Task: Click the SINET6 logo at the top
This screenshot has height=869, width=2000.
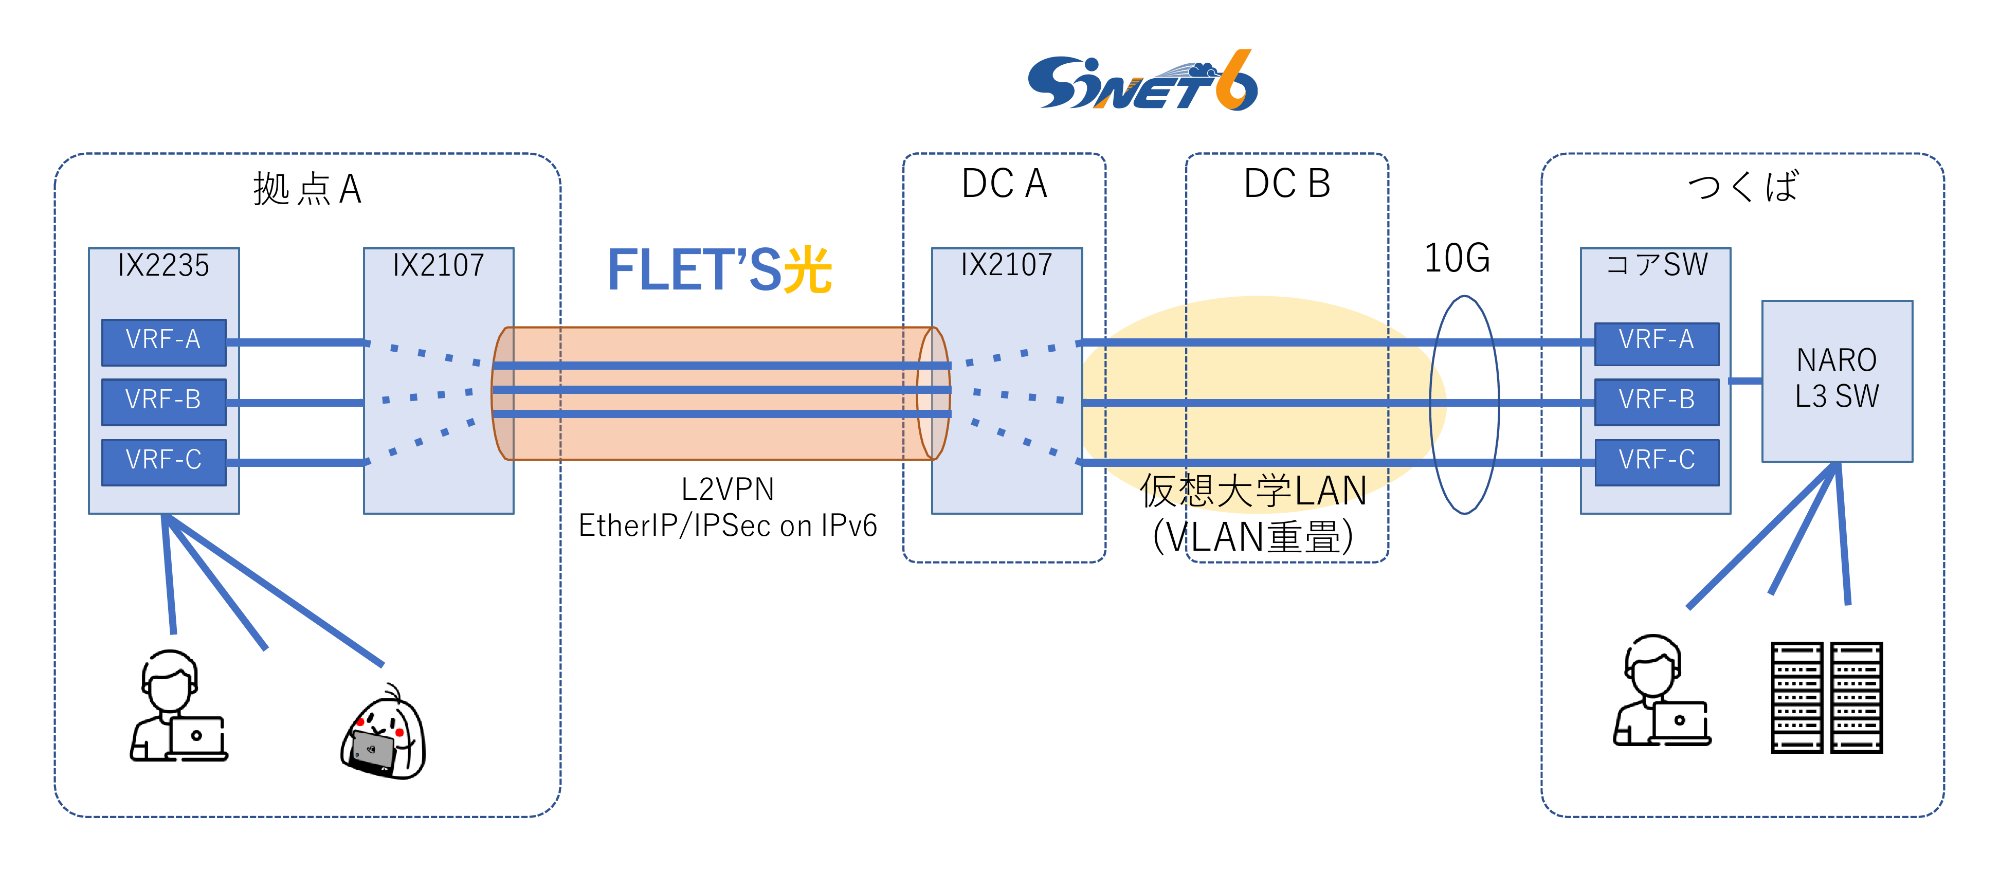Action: pyautogui.click(x=1141, y=82)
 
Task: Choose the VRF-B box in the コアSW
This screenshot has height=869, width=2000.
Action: pyautogui.click(x=1656, y=401)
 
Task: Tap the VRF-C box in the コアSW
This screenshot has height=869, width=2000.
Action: pyautogui.click(x=1656, y=461)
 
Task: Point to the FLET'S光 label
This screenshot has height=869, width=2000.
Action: pyautogui.click(x=719, y=270)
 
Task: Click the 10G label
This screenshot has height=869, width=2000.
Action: pyautogui.click(x=1457, y=259)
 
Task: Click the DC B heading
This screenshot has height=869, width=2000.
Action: pyautogui.click(x=1286, y=184)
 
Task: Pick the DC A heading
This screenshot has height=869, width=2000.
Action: pyautogui.click(x=1004, y=184)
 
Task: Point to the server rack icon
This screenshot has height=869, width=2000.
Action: pyautogui.click(x=1826, y=697)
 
